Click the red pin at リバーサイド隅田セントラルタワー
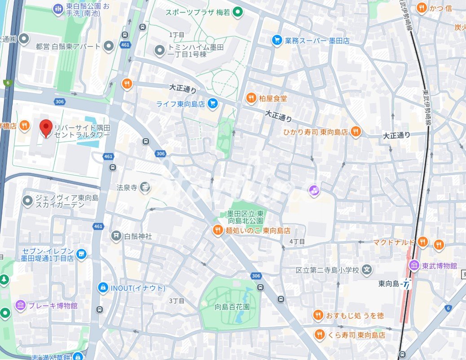tap(46, 128)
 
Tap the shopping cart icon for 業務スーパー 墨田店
tap(277, 40)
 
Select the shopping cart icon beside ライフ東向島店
tap(213, 104)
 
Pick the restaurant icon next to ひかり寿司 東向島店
tap(356, 132)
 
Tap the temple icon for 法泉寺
tap(145, 187)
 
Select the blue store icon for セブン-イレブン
tap(81, 255)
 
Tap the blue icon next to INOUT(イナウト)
tap(103, 288)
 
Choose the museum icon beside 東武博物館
tap(413, 265)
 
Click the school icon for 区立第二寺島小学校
tap(367, 270)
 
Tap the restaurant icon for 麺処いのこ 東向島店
tap(217, 230)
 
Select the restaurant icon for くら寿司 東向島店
tap(319, 335)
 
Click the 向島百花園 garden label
tap(232, 307)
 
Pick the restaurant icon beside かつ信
tap(421, 8)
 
